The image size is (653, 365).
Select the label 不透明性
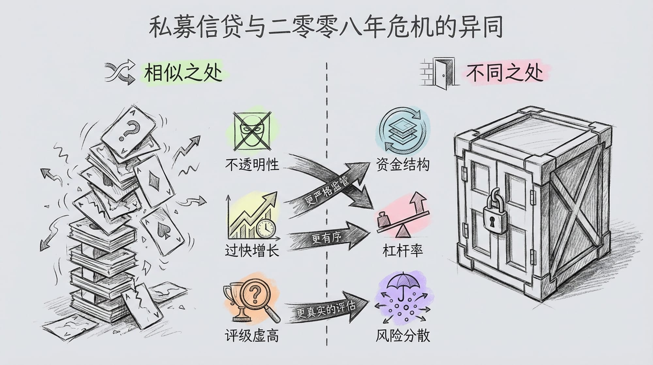[x=252, y=165]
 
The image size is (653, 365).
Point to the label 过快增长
[x=252, y=251]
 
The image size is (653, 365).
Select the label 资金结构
[x=403, y=165]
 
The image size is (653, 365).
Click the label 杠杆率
[x=403, y=251]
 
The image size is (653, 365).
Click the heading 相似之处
[x=183, y=73]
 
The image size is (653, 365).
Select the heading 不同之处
[x=504, y=73]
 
